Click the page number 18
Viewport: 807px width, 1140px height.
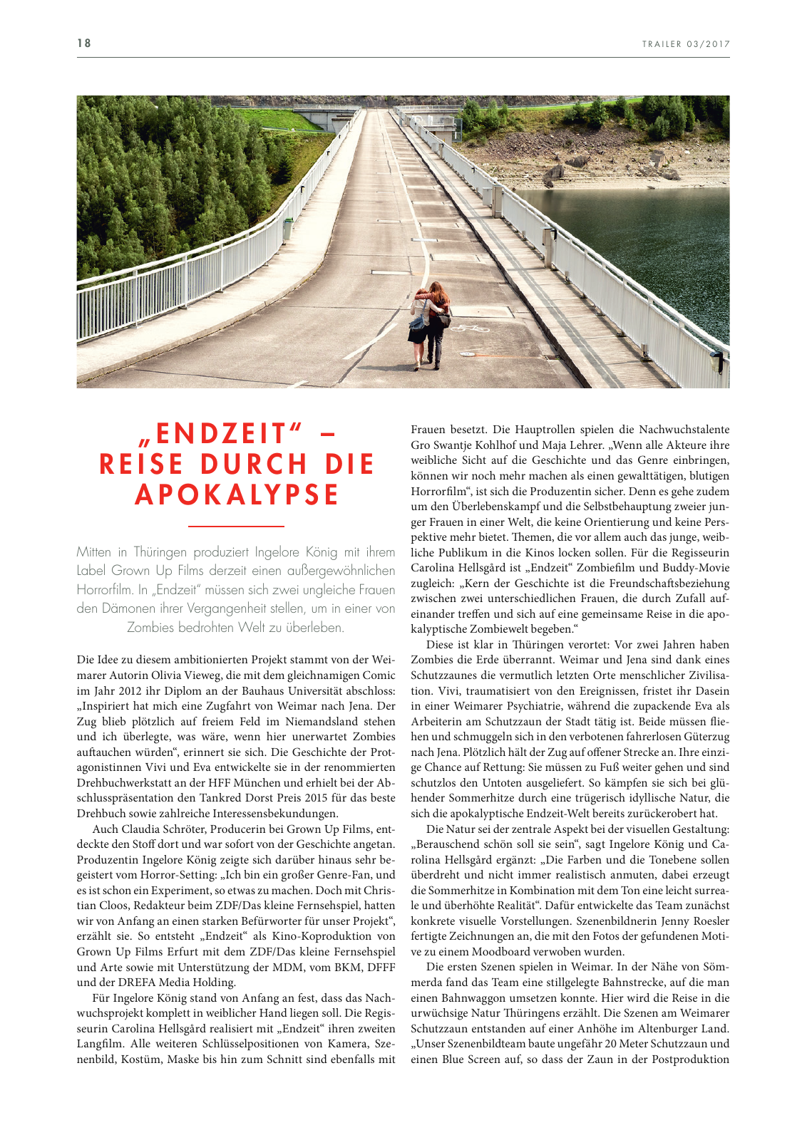pos(84,43)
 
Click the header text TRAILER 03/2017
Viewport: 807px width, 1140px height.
pos(686,44)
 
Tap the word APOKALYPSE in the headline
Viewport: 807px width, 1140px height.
pos(237,495)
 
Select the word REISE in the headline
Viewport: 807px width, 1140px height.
pos(143,465)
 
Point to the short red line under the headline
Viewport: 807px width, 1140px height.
pos(236,527)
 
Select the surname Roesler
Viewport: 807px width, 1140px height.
pos(710,921)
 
